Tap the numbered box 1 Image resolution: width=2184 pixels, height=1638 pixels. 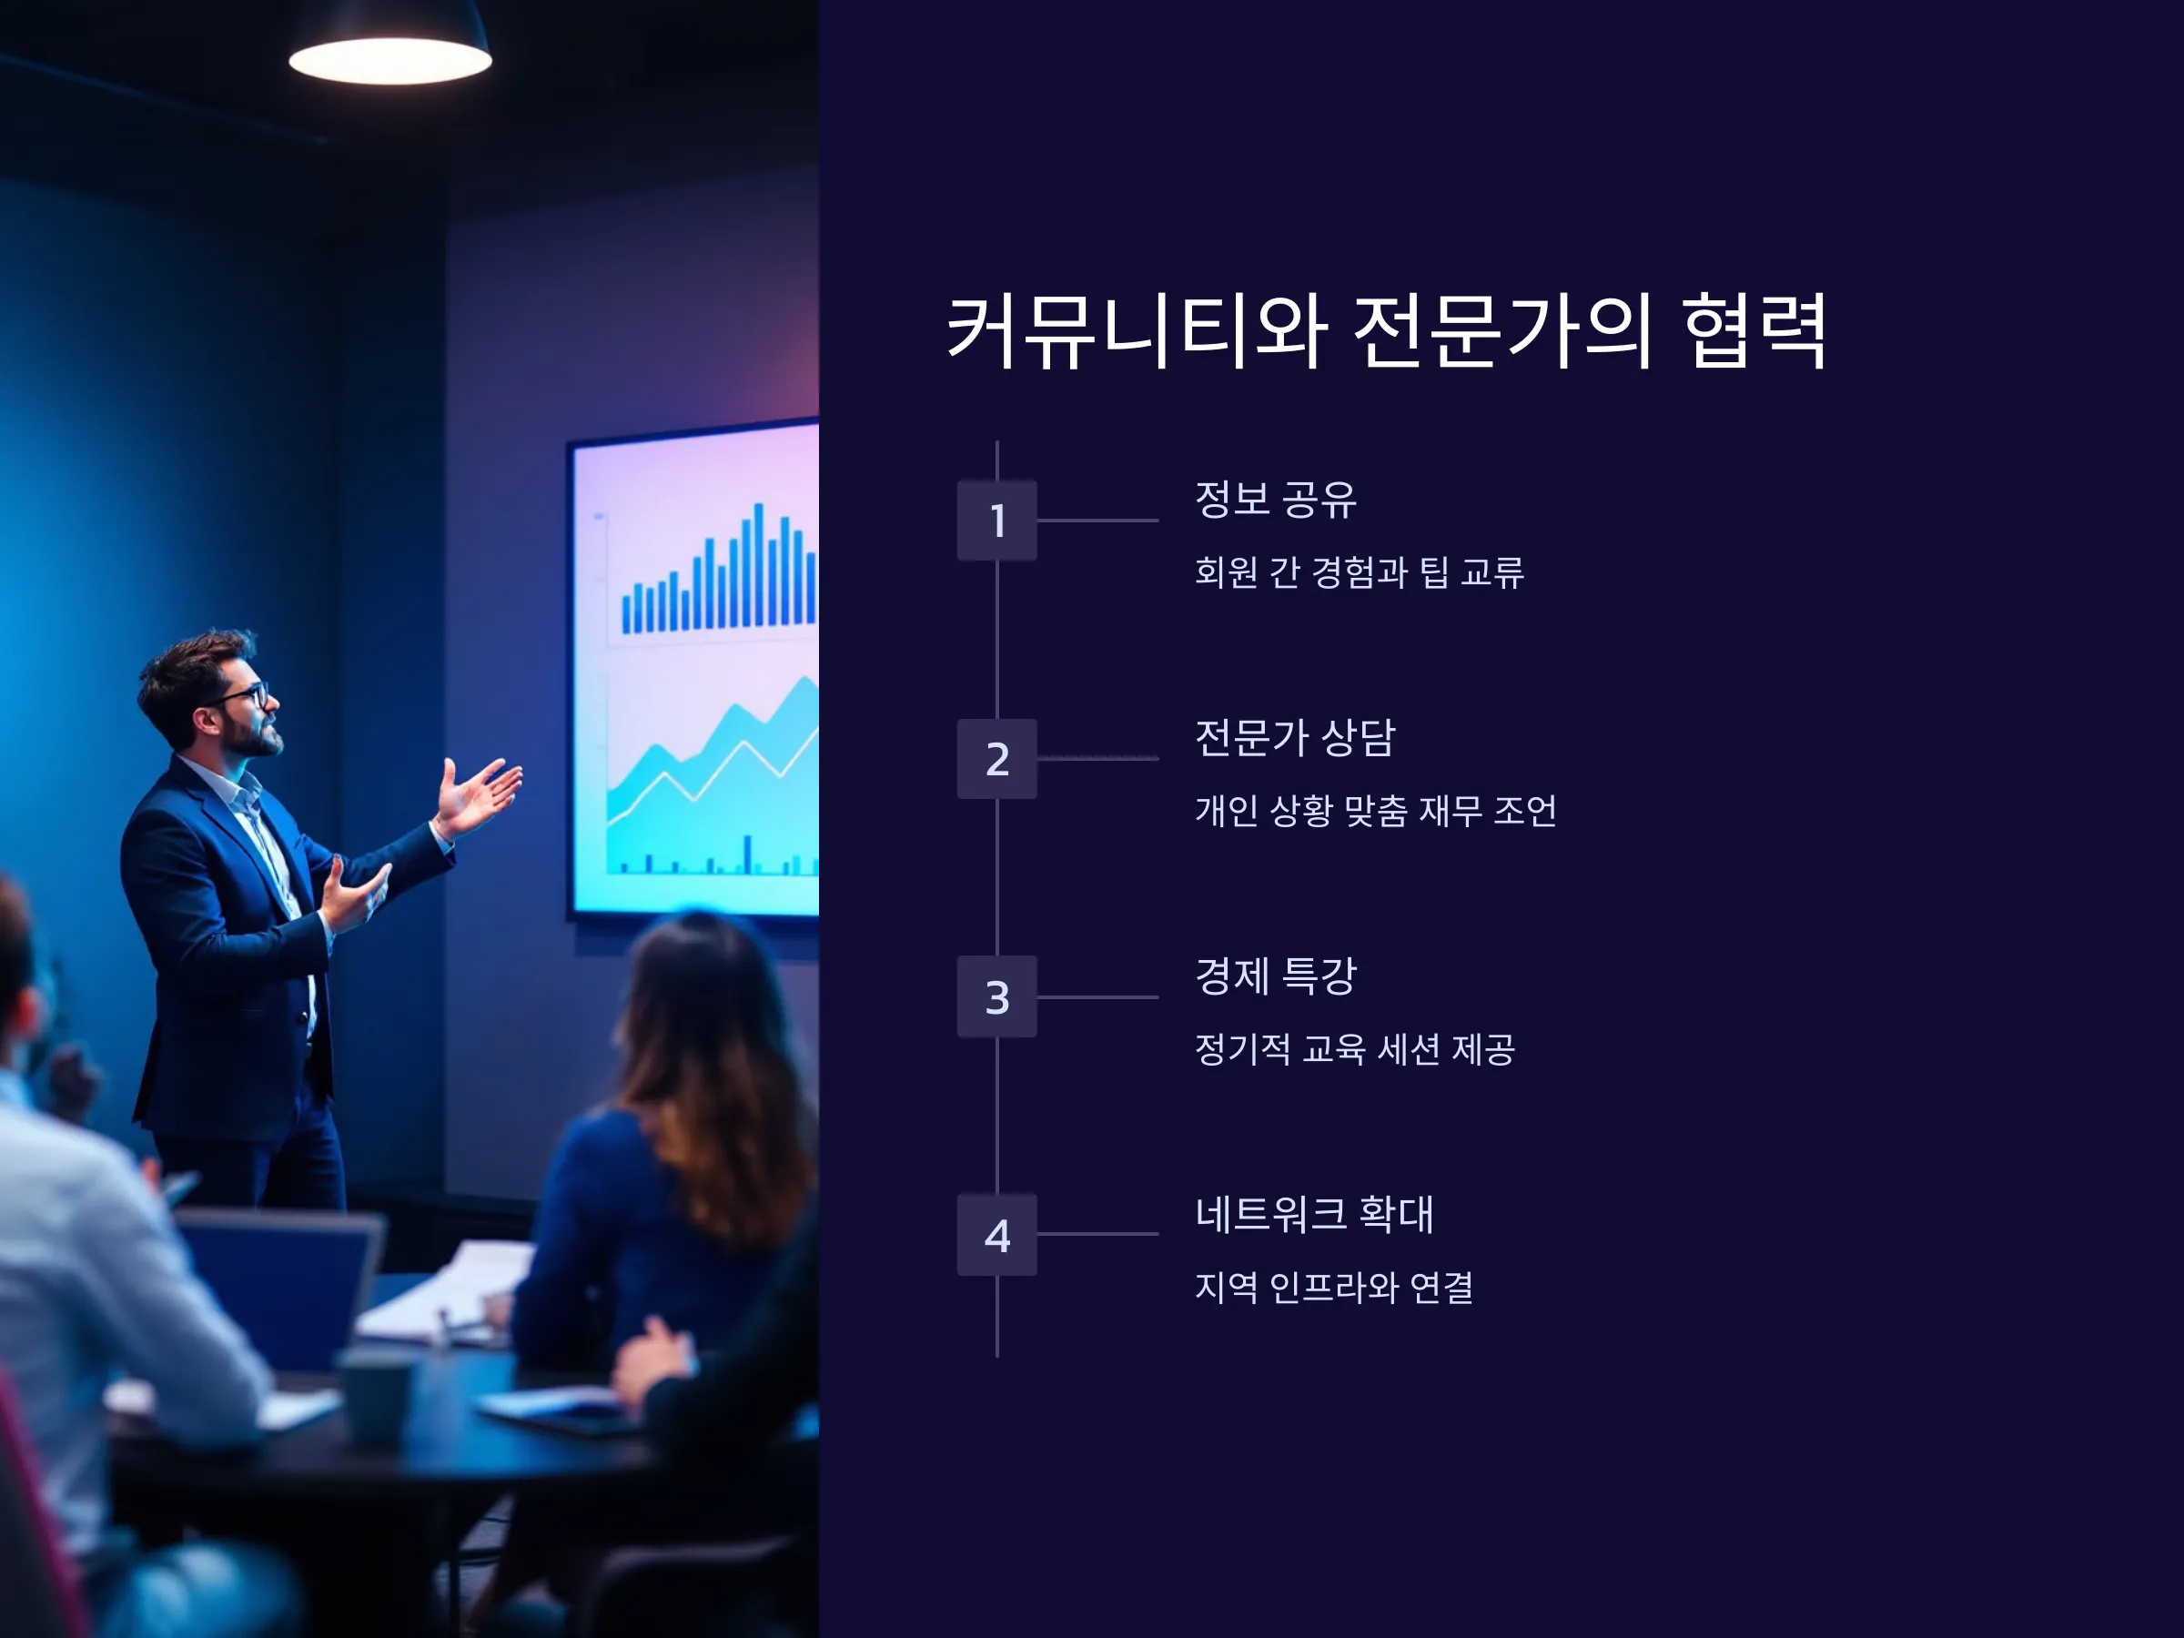point(997,521)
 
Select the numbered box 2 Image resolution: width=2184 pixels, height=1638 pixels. point(997,758)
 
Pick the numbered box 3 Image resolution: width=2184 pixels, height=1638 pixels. point(997,996)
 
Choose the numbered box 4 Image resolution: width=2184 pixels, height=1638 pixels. point(997,1234)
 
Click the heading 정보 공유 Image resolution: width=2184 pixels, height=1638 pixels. point(1276,500)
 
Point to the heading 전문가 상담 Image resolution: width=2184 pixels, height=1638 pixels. point(1294,737)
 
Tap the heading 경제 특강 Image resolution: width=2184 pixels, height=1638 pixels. point(1276,976)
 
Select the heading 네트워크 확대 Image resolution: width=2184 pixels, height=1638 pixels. point(1314,1213)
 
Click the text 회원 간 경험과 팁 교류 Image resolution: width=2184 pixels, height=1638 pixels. point(1360,571)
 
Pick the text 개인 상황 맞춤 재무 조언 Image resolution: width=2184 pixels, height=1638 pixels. point(1375,811)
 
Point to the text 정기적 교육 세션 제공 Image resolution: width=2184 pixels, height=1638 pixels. point(1355,1048)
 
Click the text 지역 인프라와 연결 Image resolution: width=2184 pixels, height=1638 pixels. point(1334,1287)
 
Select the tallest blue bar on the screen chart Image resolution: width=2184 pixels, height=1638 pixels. point(758,565)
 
